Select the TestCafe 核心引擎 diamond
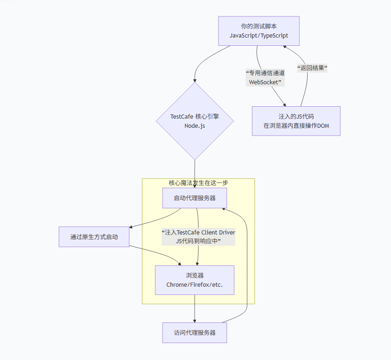195,121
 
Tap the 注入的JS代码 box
296,121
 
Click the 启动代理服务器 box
195,198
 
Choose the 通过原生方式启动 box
94,237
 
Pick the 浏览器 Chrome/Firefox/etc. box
195,280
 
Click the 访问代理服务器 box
195,333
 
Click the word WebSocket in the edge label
265,82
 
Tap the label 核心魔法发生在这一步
198,183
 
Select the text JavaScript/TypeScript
259,35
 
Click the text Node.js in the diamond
195,125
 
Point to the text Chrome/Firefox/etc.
195,284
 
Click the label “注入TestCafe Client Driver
198,232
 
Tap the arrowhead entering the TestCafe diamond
195,81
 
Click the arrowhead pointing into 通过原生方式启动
131,227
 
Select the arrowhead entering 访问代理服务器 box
195,321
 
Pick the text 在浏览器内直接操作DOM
296,125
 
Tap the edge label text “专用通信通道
265,73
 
